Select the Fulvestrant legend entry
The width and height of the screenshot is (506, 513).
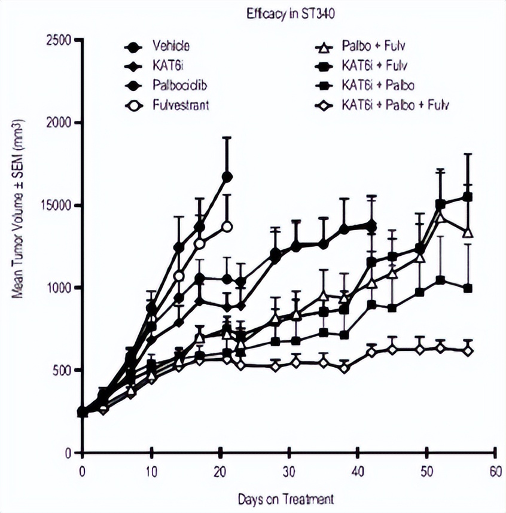pyautogui.click(x=178, y=106)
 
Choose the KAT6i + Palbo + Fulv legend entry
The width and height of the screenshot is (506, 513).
pyautogui.click(x=394, y=106)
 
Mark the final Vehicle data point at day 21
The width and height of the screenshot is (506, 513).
pyautogui.click(x=227, y=176)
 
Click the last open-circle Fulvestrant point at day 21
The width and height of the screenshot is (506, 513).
pyautogui.click(x=227, y=227)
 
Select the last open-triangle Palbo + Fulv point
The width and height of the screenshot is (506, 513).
pyautogui.click(x=468, y=232)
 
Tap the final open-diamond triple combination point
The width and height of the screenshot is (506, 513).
pyautogui.click(x=468, y=350)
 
